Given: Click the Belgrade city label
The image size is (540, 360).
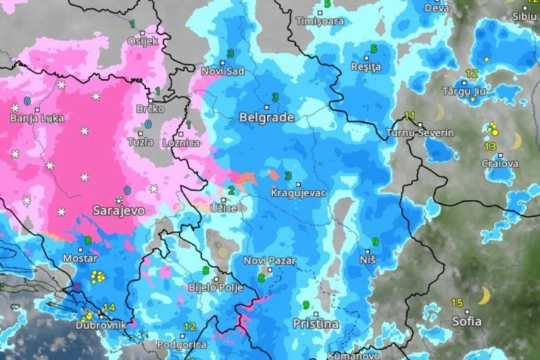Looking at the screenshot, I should pyautogui.click(x=267, y=117).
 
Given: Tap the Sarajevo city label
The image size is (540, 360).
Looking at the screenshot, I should pyautogui.click(x=119, y=210).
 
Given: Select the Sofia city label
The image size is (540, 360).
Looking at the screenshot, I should pyautogui.click(x=466, y=321).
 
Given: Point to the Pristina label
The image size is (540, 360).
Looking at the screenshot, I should pyautogui.click(x=316, y=324).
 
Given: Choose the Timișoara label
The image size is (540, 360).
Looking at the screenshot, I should pyautogui.click(x=320, y=21).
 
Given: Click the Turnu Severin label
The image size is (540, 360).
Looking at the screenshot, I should pyautogui.click(x=424, y=133).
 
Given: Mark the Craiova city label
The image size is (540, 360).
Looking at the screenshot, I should pyautogui.click(x=500, y=164).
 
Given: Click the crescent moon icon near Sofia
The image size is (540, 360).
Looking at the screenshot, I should pyautogui.click(x=484, y=296).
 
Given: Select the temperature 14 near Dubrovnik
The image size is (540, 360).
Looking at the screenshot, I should pyautogui.click(x=109, y=308).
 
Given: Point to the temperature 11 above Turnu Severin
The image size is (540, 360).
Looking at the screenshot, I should pyautogui.click(x=409, y=116).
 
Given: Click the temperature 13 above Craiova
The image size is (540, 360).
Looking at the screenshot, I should pyautogui.click(x=490, y=146).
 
